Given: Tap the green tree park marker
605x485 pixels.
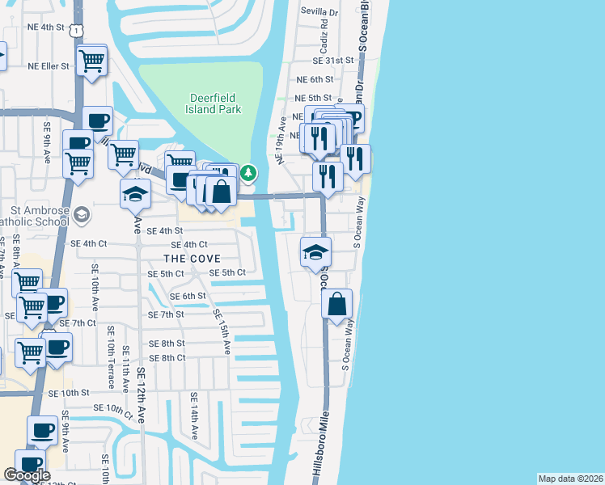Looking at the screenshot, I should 249,172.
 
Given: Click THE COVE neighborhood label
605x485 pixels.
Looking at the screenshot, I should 192,259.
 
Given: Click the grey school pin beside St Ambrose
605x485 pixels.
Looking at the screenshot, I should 81,214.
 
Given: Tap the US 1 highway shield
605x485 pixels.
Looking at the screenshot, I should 75,29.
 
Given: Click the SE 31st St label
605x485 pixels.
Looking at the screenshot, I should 334,61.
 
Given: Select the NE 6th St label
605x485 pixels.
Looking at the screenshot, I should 315,79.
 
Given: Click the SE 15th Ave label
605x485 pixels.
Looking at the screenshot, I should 222,331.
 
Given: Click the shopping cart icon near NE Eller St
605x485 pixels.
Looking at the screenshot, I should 92,59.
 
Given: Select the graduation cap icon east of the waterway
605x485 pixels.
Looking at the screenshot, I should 315,252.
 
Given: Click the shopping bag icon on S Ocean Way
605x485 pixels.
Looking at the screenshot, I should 337,305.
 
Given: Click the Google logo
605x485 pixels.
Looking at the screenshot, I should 27,475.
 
